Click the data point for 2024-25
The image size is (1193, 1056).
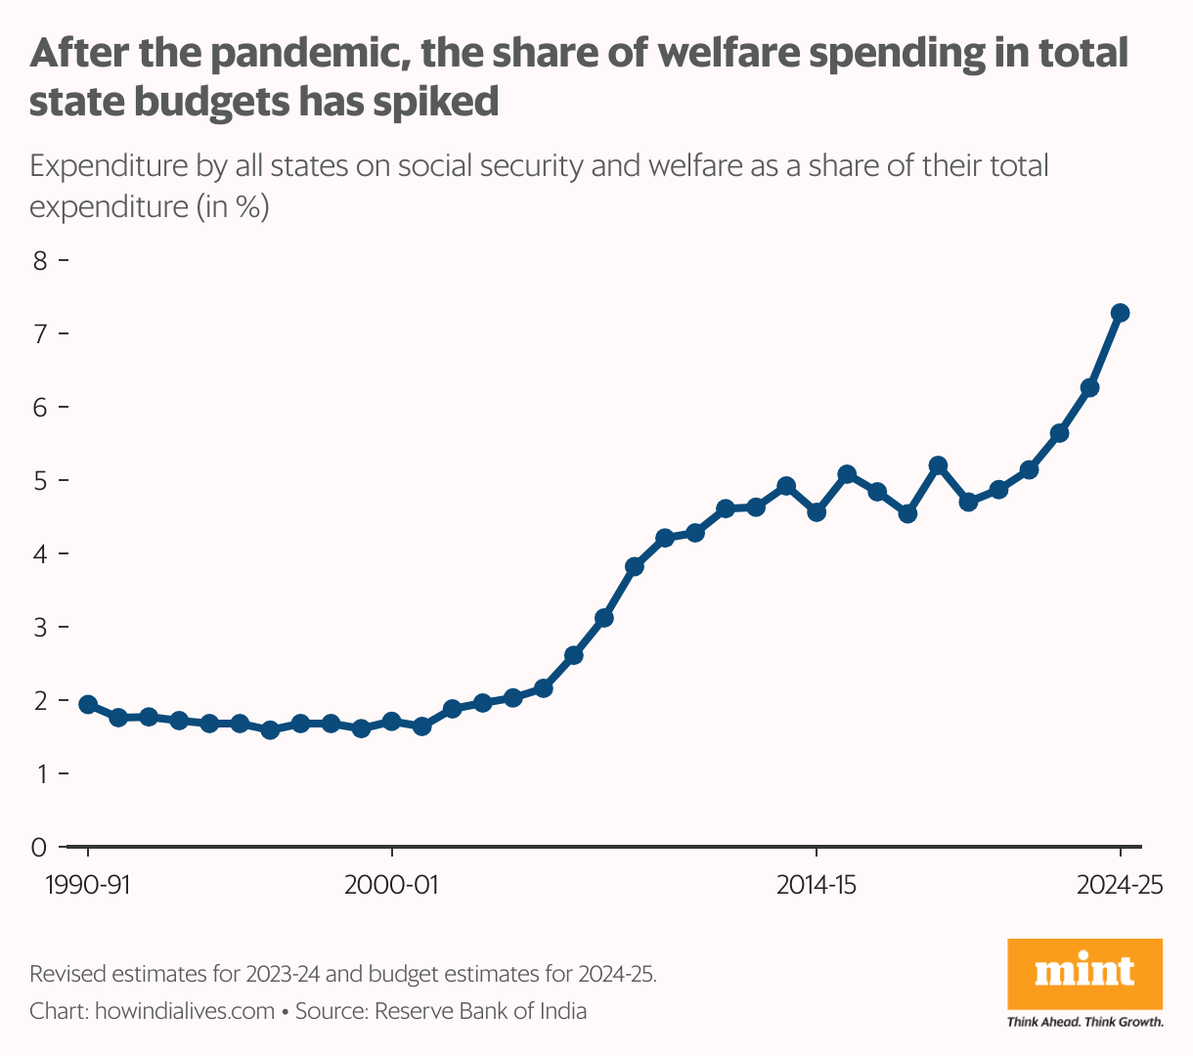tap(1121, 313)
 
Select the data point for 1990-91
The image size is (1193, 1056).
tap(88, 705)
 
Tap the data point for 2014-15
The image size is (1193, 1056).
tap(817, 511)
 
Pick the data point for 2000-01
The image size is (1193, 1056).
tap(391, 722)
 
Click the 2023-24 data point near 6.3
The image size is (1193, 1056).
tap(1089, 388)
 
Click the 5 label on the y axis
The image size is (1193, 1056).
tap(40, 480)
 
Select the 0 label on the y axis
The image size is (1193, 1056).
tap(40, 847)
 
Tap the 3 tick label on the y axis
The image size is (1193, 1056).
tap(40, 627)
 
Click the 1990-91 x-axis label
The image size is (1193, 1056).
tap(88, 886)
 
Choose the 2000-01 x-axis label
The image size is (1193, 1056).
tap(391, 886)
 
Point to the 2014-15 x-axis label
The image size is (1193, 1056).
tap(817, 886)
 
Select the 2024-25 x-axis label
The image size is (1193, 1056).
tap(1121, 886)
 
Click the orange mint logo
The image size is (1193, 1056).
tap(1084, 974)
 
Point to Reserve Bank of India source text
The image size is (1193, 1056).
tap(480, 1011)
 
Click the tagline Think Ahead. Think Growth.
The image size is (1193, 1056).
tap(1084, 1023)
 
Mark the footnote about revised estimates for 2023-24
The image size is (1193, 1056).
tap(343, 974)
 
